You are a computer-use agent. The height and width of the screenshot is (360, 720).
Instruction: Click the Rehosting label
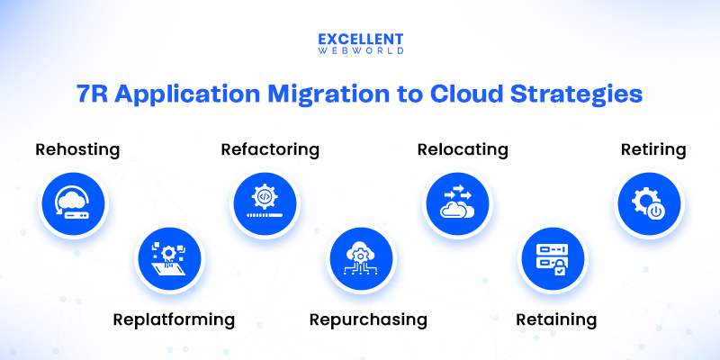[77, 149]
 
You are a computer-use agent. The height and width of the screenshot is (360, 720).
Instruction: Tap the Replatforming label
[174, 319]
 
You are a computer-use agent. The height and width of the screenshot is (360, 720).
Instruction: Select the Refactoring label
[270, 149]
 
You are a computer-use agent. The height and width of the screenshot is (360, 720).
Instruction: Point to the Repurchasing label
[368, 319]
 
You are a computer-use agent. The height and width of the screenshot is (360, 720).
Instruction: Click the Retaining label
[556, 319]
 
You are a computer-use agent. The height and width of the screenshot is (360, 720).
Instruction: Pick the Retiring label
[653, 149]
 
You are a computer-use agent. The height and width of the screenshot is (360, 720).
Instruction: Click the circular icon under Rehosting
[73, 206]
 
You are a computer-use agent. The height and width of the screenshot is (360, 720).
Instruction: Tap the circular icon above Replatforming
[171, 260]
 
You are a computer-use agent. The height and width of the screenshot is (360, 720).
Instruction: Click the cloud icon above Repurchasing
[360, 260]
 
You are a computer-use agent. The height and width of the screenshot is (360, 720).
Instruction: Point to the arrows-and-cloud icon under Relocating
[458, 206]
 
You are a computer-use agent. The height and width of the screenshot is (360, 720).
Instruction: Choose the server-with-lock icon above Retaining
[553, 260]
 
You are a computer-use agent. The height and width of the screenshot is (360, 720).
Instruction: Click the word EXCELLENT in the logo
[360, 40]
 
